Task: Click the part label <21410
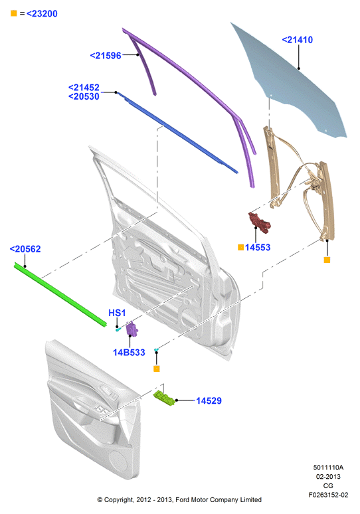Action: (x=298, y=40)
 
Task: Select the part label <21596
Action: (x=106, y=56)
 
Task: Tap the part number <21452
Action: (x=84, y=88)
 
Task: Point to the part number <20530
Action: (x=84, y=97)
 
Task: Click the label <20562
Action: (x=25, y=249)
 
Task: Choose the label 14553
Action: (x=258, y=248)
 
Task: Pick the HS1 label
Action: (x=117, y=313)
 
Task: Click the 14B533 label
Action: (x=129, y=353)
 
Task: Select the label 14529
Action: (x=209, y=400)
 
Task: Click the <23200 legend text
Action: (x=42, y=14)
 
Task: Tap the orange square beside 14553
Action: (x=240, y=247)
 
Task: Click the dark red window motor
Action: (x=259, y=222)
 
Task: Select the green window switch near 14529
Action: (x=164, y=398)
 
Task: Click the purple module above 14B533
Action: (x=132, y=329)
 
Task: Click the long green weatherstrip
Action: (x=60, y=294)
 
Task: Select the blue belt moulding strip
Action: (x=177, y=132)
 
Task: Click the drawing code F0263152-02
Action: (x=328, y=495)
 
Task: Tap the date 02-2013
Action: (x=328, y=476)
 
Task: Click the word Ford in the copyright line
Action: (x=183, y=499)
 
